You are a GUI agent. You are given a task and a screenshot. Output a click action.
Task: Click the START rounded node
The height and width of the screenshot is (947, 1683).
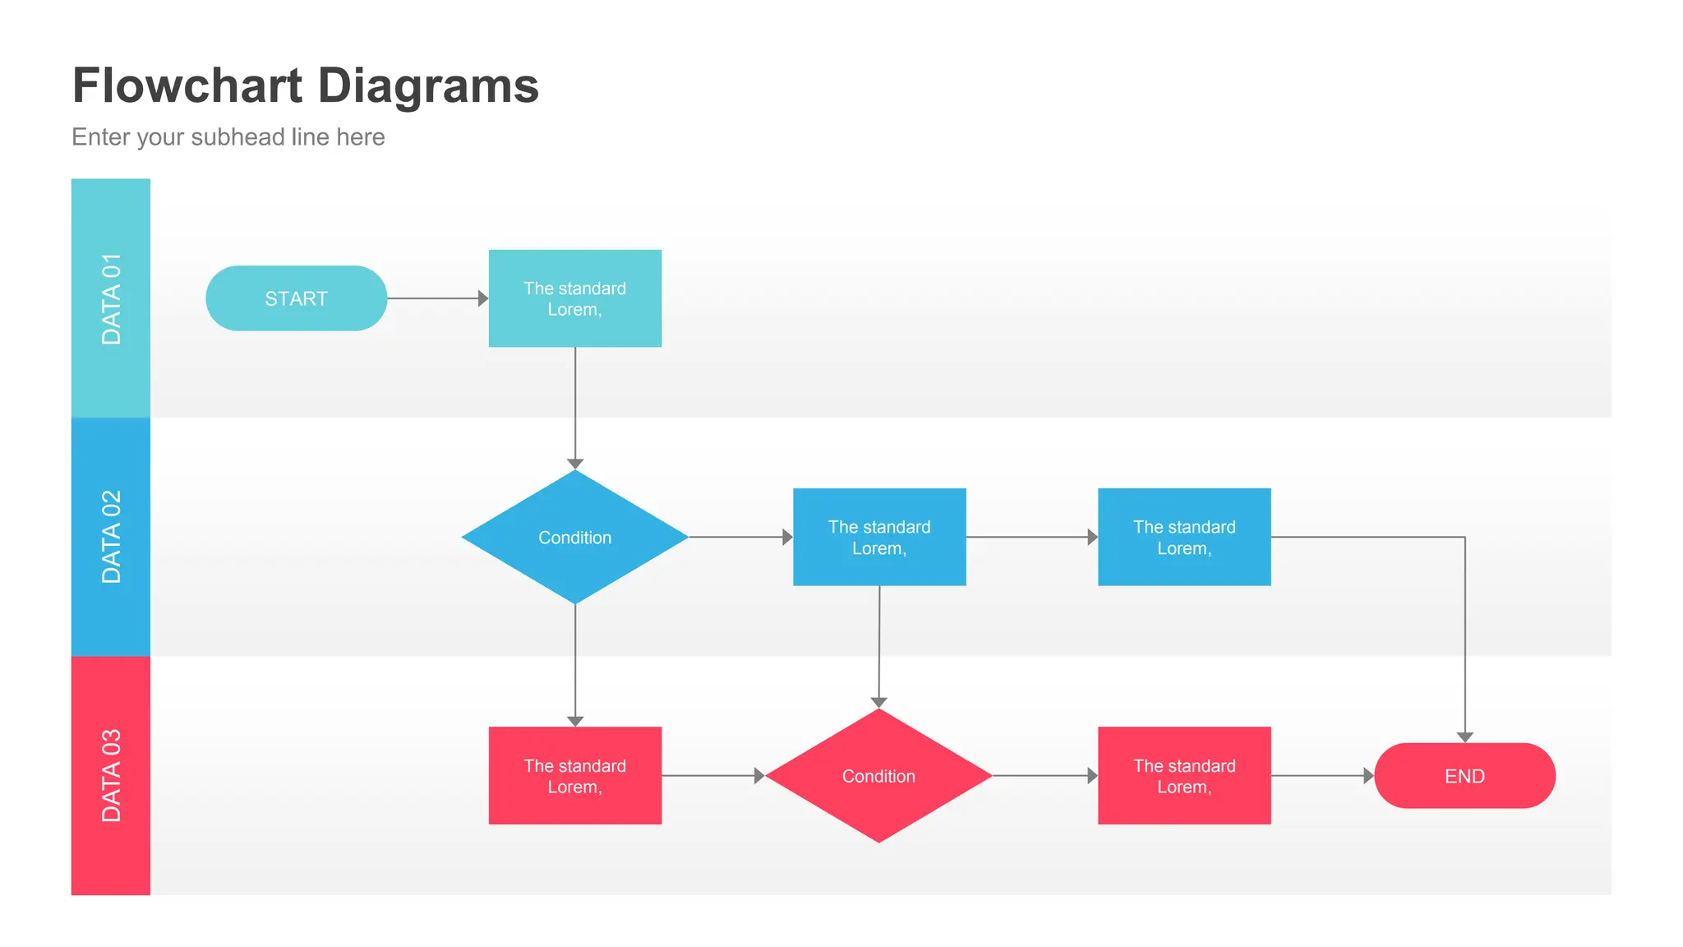pos(296,298)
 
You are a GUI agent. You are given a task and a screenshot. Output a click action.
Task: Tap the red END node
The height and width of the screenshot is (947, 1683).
pos(1464,776)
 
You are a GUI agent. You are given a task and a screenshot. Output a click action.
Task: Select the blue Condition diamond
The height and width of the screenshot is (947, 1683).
pos(574,537)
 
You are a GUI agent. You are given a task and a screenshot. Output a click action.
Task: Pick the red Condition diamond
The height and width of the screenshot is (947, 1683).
pos(878,776)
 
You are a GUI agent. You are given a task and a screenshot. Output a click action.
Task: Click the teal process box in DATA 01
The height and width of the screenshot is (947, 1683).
pos(574,298)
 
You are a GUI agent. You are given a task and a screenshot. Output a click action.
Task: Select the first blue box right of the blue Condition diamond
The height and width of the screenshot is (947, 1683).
pos(879,537)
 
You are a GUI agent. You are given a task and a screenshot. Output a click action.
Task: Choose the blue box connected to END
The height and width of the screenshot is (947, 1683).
pos(1184,537)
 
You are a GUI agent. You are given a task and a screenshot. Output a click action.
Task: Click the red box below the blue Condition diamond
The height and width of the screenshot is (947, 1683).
pos(574,775)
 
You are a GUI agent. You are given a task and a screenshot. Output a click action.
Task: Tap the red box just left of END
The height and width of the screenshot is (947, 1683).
pos(1184,775)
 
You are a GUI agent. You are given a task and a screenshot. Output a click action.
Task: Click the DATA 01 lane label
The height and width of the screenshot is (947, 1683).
pos(111,298)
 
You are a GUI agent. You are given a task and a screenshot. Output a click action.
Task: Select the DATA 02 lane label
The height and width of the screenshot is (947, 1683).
pos(111,537)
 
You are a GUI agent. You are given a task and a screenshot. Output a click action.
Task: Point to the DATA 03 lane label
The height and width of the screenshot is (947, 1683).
pos(111,775)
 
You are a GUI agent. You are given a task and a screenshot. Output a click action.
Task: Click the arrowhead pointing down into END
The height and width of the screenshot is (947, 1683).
pos(1464,737)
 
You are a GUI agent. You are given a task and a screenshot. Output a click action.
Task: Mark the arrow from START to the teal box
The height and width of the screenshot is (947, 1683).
pos(436,298)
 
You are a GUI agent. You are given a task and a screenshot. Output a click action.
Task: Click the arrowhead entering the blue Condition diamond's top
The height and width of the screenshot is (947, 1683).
pos(575,464)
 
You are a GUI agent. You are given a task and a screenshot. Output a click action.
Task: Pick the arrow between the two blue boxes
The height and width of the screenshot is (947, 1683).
pos(1031,537)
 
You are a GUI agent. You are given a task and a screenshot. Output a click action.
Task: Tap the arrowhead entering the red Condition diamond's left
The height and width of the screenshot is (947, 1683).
pos(759,776)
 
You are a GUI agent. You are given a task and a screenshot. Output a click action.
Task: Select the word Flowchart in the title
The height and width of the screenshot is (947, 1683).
pos(187,86)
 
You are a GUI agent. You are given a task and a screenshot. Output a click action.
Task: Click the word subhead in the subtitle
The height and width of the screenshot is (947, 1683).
pos(237,136)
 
